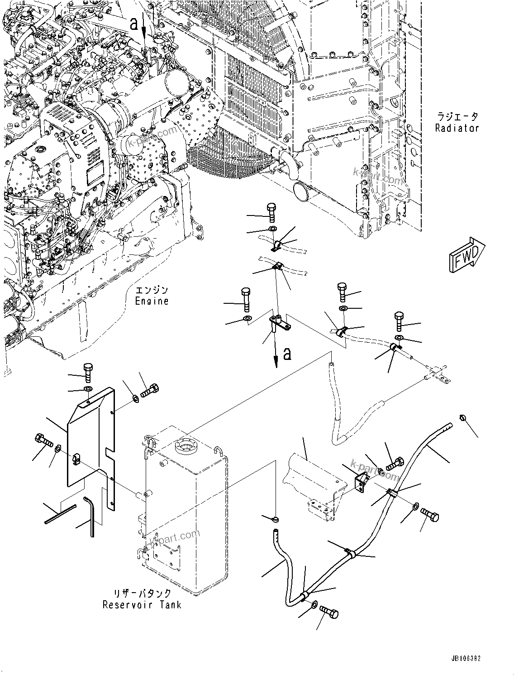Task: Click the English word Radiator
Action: (457, 128)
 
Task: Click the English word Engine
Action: (152, 301)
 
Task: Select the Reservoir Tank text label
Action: (142, 604)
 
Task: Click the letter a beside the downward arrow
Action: (287, 354)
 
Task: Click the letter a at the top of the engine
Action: (134, 24)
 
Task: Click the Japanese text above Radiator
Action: (457, 117)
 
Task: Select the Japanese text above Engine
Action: (152, 290)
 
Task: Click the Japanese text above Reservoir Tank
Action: (142, 593)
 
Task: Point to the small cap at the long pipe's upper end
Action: (462, 417)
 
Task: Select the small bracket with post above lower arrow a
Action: (278, 323)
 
